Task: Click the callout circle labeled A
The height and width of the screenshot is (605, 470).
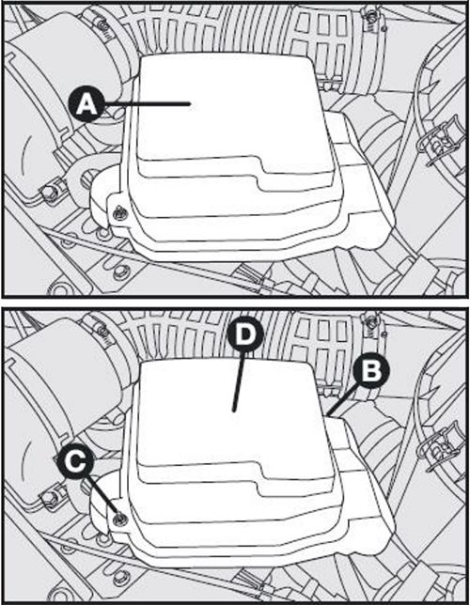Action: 86,104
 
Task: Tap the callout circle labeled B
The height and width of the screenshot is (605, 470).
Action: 371,369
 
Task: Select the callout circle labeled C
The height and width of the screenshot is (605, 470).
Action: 75,462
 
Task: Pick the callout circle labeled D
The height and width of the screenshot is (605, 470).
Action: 245,334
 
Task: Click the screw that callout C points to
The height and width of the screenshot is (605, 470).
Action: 120,520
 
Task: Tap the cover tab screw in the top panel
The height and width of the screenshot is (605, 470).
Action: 121,213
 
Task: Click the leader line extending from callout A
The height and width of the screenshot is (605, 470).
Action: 148,103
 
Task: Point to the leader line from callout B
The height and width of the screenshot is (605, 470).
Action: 339,401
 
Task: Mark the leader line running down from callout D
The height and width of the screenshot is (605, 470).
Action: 238,381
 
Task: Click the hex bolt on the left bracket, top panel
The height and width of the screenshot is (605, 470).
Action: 49,192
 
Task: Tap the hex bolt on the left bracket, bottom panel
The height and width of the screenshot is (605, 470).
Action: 49,500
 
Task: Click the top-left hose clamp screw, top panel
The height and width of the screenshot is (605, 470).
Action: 102,25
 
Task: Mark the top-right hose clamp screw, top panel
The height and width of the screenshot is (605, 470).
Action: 371,17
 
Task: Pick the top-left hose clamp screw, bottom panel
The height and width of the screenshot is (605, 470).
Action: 102,331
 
